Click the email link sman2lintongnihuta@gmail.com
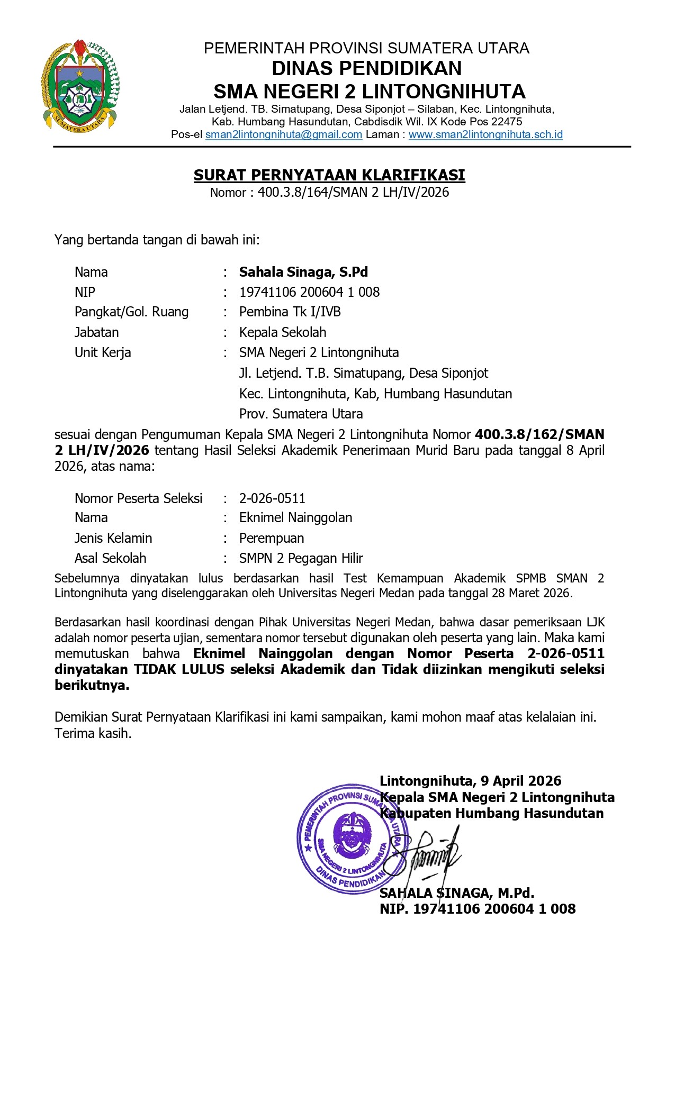pyautogui.click(x=284, y=134)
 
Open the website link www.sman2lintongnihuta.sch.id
pyautogui.click(x=485, y=134)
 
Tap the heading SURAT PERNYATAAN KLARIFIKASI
pyautogui.click(x=329, y=175)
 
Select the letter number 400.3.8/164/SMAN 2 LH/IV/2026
pyautogui.click(x=353, y=192)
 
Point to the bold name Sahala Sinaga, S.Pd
pyautogui.click(x=303, y=272)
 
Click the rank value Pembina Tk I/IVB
pyautogui.click(x=290, y=312)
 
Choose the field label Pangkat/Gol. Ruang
pyautogui.click(x=131, y=312)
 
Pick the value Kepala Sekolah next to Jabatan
pyautogui.click(x=283, y=332)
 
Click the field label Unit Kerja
pyautogui.click(x=103, y=352)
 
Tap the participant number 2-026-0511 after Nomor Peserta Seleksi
pyautogui.click(x=272, y=498)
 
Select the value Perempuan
pyautogui.click(x=272, y=538)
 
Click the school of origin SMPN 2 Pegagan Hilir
pyautogui.click(x=301, y=558)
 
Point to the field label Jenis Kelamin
pyautogui.click(x=113, y=538)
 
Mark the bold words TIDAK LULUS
pyautogui.click(x=179, y=669)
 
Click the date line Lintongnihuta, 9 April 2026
pyautogui.click(x=470, y=781)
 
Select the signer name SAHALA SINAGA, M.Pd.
pyautogui.click(x=456, y=893)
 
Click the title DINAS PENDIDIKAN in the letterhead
pyautogui.click(x=366, y=68)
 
